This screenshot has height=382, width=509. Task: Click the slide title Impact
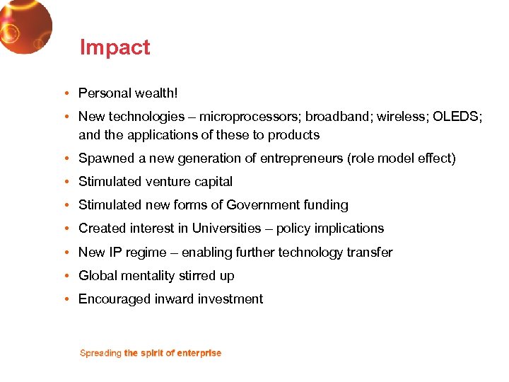tap(115, 47)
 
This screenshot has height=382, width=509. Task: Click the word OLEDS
tap(458, 116)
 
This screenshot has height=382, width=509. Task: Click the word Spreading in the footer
tap(100, 353)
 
